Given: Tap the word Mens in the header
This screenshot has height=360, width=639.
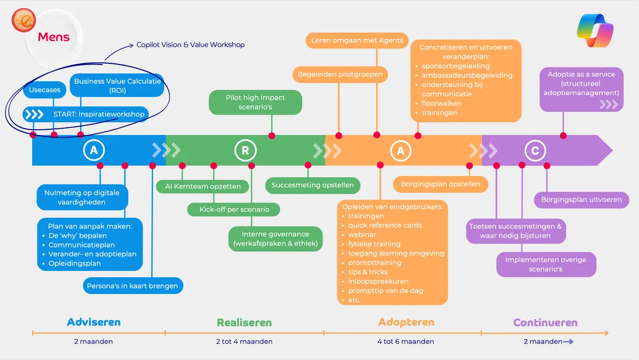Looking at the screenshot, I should (54, 37).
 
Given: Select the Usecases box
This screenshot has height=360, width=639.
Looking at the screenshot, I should (44, 90).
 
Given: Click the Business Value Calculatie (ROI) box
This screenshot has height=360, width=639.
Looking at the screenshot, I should (117, 85).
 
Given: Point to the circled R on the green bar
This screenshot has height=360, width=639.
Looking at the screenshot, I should (245, 150).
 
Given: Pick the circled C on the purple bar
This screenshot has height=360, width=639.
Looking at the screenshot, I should (535, 151).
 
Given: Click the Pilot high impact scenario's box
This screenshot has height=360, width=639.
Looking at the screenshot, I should (255, 102).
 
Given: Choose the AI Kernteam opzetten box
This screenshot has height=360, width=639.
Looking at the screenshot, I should (202, 186).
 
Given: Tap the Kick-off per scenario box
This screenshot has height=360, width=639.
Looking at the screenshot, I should (234, 210).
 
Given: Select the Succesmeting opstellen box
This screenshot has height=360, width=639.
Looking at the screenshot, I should (312, 185).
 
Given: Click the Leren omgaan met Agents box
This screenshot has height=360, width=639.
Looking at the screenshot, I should (357, 40).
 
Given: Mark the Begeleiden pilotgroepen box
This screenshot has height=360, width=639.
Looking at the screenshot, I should (340, 75).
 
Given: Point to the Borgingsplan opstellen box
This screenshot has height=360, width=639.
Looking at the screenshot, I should (440, 184).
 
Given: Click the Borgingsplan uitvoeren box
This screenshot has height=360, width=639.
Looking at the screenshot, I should (581, 199).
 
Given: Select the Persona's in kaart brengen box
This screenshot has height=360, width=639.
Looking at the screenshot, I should (132, 286).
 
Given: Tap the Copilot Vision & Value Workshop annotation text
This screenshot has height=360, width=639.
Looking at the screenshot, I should (190, 45).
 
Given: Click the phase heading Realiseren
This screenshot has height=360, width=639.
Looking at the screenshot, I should (244, 323).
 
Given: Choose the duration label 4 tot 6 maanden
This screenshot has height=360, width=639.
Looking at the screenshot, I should (406, 342).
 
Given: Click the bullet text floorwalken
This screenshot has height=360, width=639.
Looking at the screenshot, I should (442, 103).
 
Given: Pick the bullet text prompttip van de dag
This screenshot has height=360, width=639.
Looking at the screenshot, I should (385, 291).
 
